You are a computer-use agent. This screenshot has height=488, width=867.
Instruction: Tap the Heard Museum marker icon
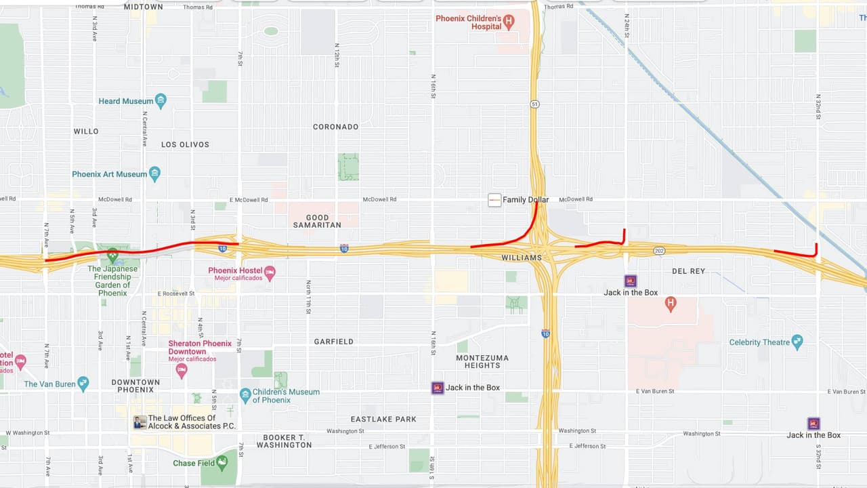click(x=161, y=101)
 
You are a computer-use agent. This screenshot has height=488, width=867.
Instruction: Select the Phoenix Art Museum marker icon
click(x=155, y=174)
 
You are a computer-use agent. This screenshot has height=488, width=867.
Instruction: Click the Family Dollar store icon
click(x=494, y=200)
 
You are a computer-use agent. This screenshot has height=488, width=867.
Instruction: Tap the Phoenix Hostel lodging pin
click(x=270, y=272)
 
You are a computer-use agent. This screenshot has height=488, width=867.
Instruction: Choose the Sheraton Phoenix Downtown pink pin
click(x=182, y=370)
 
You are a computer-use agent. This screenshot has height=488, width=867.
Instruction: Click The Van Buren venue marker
click(x=83, y=384)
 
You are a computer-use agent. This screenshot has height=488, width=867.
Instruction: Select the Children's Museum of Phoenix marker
click(x=245, y=394)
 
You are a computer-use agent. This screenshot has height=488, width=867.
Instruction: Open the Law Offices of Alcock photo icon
click(x=140, y=422)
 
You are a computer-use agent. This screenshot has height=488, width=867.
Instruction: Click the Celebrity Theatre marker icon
click(x=797, y=342)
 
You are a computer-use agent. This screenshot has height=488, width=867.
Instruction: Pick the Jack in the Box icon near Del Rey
click(x=631, y=281)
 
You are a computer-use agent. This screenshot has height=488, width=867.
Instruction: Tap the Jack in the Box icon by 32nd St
click(x=813, y=423)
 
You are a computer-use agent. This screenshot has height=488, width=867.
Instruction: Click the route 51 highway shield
click(x=534, y=104)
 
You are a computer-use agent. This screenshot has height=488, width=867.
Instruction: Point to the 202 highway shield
click(x=659, y=251)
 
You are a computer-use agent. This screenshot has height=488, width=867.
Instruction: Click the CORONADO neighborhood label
click(x=335, y=127)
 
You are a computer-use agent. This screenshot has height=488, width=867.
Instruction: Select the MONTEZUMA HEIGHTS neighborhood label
click(x=482, y=361)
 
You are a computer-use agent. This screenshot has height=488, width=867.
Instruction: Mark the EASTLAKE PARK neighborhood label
click(x=383, y=419)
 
